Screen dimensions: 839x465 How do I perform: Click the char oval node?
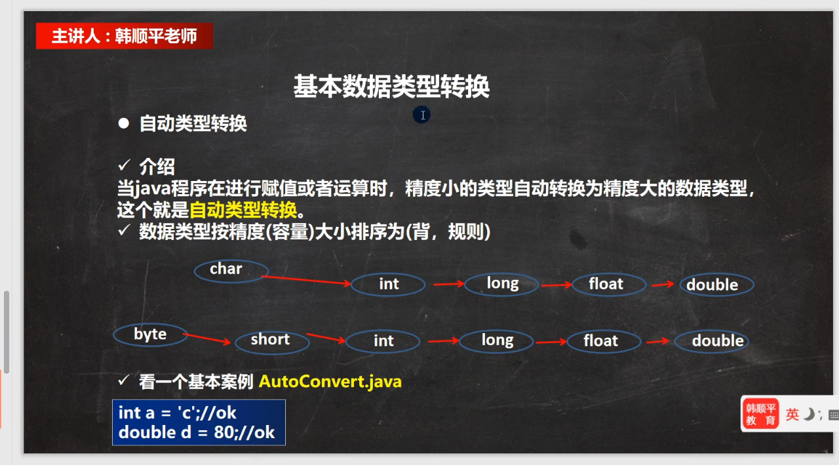[x=231, y=271]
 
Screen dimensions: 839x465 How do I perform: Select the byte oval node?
[x=150, y=334]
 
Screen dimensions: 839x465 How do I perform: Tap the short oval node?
[x=272, y=342]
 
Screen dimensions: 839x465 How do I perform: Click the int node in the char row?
[x=388, y=285]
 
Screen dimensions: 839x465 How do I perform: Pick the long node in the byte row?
[x=496, y=341]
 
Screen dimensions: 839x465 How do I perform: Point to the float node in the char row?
[x=609, y=285]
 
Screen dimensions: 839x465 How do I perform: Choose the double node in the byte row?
[x=712, y=341]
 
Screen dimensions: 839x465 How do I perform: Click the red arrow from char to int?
[x=305, y=280]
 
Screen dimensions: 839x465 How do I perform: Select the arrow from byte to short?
[x=206, y=338]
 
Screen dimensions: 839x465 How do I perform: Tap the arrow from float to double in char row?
[x=663, y=285]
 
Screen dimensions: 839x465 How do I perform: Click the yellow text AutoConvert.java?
[x=330, y=382]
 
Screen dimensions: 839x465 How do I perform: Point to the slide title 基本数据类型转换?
[x=391, y=86]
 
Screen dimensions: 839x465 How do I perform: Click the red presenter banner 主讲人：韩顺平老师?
[x=125, y=36]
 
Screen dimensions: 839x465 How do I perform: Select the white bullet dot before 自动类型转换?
[x=124, y=123]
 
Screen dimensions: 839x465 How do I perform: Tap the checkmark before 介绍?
[x=124, y=165]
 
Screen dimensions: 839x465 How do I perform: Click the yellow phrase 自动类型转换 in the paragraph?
[x=243, y=210]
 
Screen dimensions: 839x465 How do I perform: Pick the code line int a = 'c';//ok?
[x=177, y=413]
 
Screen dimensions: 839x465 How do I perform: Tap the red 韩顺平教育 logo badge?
[x=760, y=414]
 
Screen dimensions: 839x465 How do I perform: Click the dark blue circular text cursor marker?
[x=421, y=115]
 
